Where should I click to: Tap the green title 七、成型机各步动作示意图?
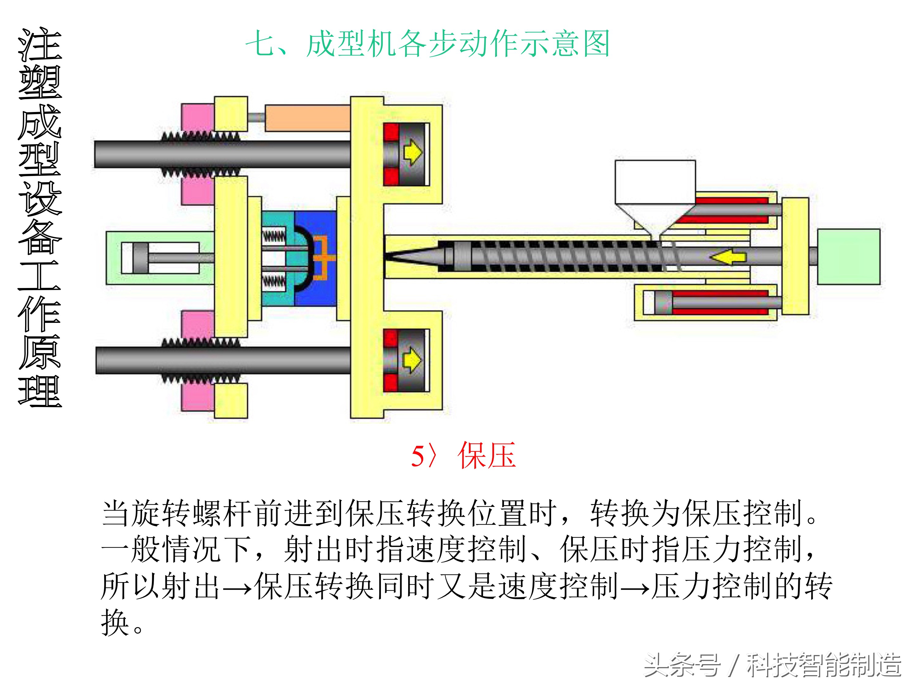(x=427, y=43)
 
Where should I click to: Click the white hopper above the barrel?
(x=655, y=182)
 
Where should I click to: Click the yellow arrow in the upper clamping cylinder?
(x=412, y=152)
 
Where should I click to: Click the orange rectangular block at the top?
(x=307, y=118)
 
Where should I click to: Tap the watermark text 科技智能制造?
(x=823, y=665)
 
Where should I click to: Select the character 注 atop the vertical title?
(x=40, y=45)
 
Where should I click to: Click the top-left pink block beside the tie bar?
(x=198, y=117)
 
